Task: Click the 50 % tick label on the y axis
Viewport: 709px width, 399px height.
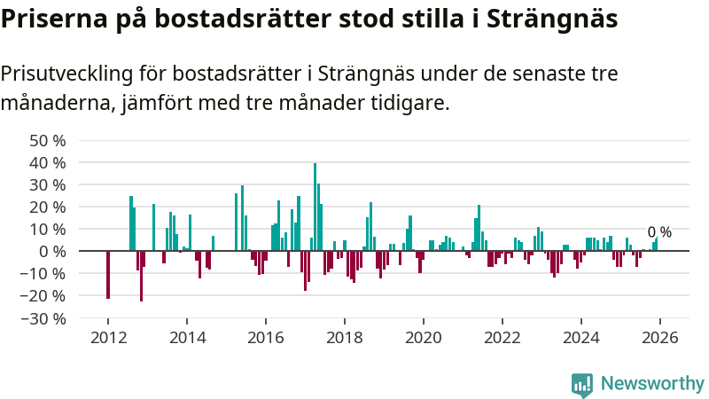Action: point(48,140)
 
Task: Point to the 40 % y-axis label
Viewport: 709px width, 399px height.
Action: point(48,162)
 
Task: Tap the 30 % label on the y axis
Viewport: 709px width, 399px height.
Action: point(48,184)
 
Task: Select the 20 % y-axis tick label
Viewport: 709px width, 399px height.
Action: point(48,207)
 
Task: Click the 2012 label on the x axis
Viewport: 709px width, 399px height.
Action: point(108,338)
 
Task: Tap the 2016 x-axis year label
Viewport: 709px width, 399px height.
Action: point(266,338)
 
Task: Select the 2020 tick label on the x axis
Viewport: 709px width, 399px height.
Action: point(423,338)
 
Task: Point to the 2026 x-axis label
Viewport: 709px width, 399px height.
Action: point(659,338)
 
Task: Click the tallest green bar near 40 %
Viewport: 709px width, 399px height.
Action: point(315,204)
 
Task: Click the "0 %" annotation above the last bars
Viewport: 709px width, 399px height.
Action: point(659,232)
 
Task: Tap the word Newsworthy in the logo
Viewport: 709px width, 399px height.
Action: point(652,383)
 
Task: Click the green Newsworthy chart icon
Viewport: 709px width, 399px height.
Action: point(582,383)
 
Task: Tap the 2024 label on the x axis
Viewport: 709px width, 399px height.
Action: point(580,338)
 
